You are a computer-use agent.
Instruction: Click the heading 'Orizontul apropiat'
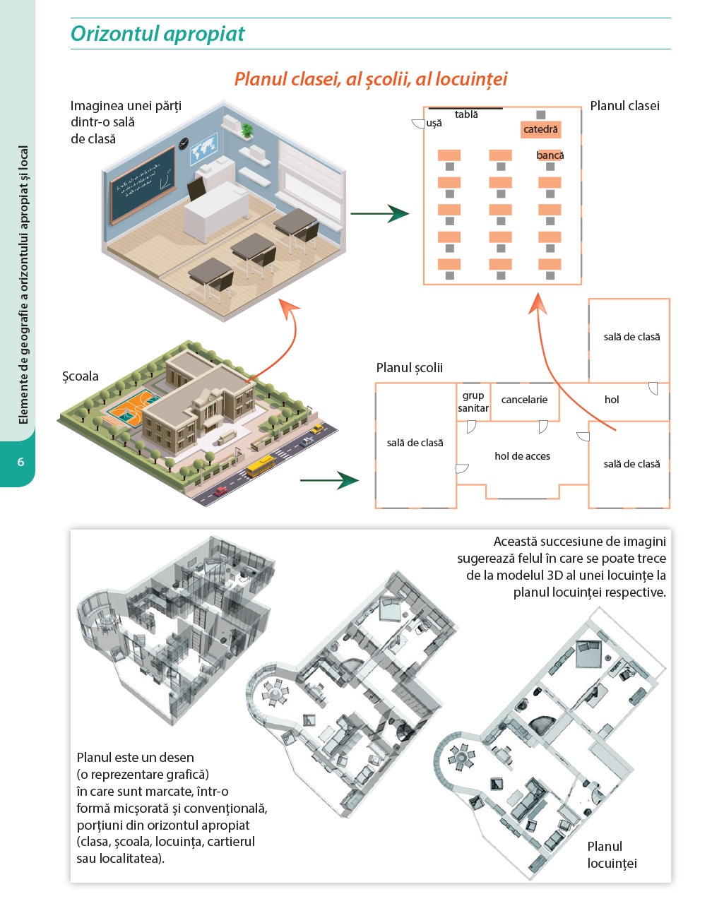[x=158, y=34]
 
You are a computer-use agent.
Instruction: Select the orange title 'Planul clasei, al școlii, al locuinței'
[x=371, y=79]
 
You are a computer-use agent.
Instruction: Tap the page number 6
[x=20, y=462]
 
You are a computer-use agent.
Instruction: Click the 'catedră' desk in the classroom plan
[x=541, y=129]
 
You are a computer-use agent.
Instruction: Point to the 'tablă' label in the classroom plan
[x=466, y=114]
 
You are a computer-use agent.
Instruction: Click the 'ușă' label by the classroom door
[x=434, y=123]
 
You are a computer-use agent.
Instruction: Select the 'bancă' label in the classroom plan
[x=550, y=155]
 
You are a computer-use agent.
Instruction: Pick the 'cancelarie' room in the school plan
[x=524, y=400]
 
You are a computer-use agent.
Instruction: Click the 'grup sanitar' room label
[x=473, y=402]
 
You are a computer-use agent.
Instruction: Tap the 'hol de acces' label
[x=522, y=456]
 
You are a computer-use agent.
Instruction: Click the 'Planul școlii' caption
[x=410, y=367]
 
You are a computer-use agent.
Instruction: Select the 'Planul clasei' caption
[x=624, y=106]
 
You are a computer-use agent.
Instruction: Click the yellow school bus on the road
[x=260, y=465]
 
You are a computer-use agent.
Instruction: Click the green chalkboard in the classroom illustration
[x=142, y=183]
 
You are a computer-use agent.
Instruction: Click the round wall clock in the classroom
[x=184, y=143]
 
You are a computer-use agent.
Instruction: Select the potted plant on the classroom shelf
[x=247, y=130]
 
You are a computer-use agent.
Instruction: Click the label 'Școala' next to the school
[x=81, y=376]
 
